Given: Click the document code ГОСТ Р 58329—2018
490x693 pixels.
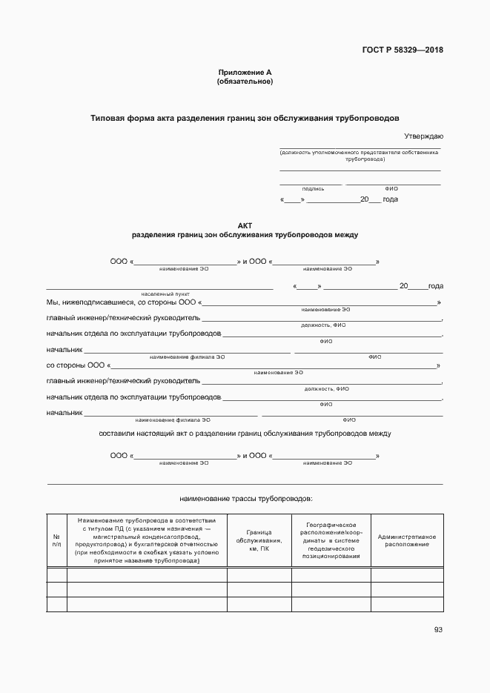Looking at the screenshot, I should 403,50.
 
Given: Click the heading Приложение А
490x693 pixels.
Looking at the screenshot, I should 245,72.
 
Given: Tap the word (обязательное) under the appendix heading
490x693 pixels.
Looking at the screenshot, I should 245,82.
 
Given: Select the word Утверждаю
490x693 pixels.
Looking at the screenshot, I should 423,136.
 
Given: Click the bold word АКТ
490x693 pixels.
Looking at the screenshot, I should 245,225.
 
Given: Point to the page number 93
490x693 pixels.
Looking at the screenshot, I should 438,630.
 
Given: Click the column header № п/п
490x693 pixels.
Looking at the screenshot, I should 56,540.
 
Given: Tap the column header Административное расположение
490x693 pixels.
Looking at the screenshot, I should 406,540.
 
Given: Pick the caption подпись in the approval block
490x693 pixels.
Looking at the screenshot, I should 312,189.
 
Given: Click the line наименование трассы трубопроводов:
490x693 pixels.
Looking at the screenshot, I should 246,499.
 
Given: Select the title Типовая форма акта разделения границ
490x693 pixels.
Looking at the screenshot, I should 245,118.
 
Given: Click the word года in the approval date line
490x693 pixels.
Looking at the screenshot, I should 390,199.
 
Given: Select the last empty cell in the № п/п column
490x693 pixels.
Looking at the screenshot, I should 56,605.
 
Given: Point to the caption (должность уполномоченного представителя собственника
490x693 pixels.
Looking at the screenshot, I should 360,152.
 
